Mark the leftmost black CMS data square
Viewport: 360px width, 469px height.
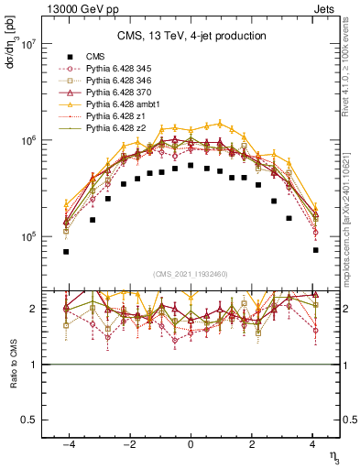click(x=66, y=251)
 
